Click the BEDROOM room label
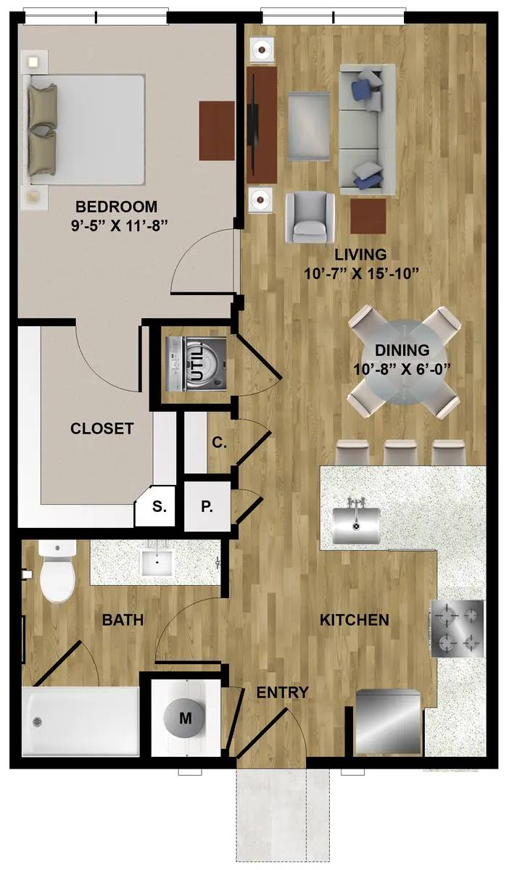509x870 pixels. pyautogui.click(x=116, y=207)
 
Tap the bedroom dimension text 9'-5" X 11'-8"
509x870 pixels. pyautogui.click(x=120, y=225)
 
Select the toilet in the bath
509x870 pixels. pyautogui.click(x=57, y=571)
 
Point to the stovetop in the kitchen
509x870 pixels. pyautogui.click(x=457, y=629)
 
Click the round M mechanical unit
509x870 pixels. pyautogui.click(x=185, y=718)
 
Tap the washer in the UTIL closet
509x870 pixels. pyautogui.click(x=196, y=364)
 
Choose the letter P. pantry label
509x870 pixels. pyautogui.click(x=207, y=507)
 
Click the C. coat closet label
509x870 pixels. pyautogui.click(x=220, y=443)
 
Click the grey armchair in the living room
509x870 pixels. pyautogui.click(x=310, y=217)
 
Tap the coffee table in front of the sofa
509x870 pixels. pyautogui.click(x=309, y=126)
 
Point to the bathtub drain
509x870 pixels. pyautogui.click(x=38, y=721)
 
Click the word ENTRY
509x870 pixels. pyautogui.click(x=283, y=692)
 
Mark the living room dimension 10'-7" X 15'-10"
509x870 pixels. pyautogui.click(x=361, y=274)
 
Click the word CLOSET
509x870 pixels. pyautogui.click(x=102, y=428)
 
